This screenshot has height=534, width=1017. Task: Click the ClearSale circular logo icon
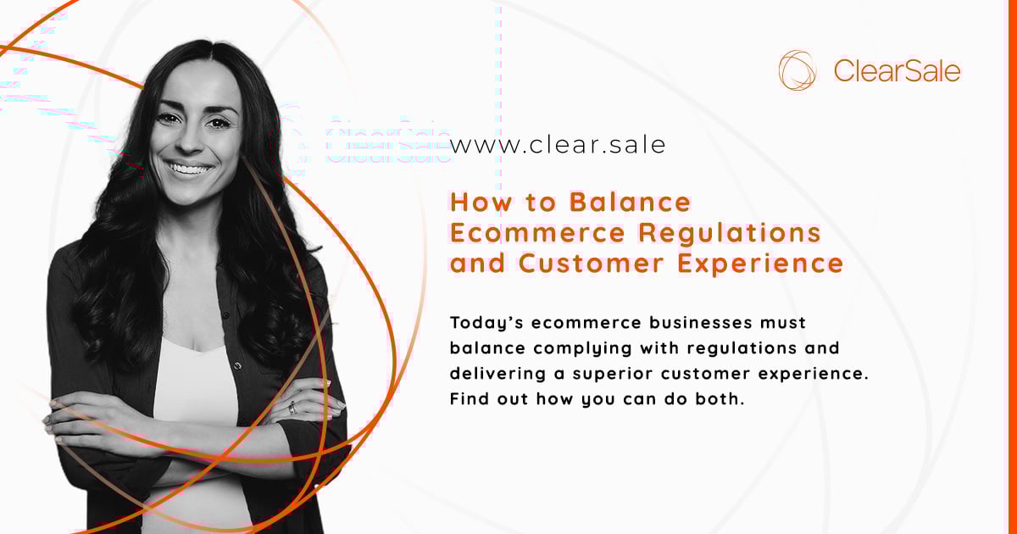[x=797, y=70]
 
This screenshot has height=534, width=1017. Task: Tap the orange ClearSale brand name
[x=897, y=71]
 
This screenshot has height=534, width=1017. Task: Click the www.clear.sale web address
[x=558, y=145]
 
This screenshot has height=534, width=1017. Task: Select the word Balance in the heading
[x=631, y=203]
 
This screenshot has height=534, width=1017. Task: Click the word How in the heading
[x=476, y=203]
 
